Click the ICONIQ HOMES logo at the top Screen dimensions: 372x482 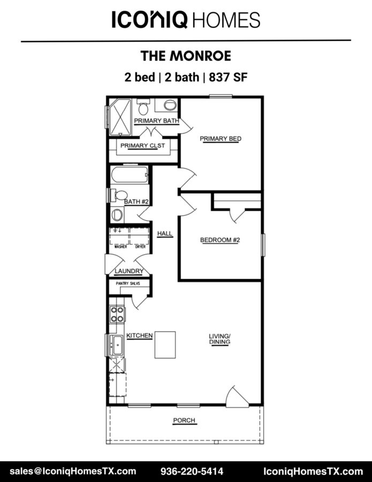pos(186,19)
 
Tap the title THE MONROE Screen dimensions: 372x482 pos(186,56)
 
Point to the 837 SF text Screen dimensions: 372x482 pos(228,77)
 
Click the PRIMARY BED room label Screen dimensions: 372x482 pos(221,139)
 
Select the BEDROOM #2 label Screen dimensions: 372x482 pos(220,240)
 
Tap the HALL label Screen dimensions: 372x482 pos(165,234)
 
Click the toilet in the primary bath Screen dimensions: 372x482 pos(143,107)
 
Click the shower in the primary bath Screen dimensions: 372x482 pos(120,117)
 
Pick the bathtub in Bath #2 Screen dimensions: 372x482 pos(130,175)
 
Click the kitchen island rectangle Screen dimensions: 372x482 pos(165,344)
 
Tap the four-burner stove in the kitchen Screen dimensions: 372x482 pos(117,314)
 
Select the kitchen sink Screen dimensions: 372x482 pos(117,344)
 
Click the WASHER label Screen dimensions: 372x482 pos(120,247)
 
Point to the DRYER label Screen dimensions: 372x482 pos(140,247)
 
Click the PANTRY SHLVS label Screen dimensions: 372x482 pos(128,283)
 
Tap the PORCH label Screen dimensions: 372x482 pos(184,420)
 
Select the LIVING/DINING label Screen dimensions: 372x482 pos(219,339)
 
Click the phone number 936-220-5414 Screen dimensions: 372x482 pos(192,471)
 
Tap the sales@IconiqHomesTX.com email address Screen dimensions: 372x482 pos(73,471)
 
